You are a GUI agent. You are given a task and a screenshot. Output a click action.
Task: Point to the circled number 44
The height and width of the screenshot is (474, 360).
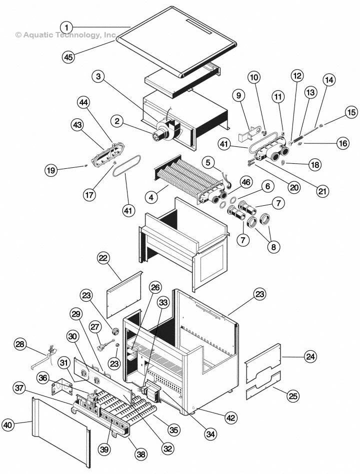(83, 102)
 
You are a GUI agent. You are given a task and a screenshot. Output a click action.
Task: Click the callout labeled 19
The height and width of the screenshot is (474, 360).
(50, 170)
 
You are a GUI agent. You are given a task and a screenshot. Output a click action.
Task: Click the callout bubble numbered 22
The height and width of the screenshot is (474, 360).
(103, 258)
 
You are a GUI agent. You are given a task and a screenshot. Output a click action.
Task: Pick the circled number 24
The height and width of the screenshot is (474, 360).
(311, 357)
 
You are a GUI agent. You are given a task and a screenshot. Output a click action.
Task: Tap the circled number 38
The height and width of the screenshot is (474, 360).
(141, 454)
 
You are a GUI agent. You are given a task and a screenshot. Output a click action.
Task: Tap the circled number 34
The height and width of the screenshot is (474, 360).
(211, 434)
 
